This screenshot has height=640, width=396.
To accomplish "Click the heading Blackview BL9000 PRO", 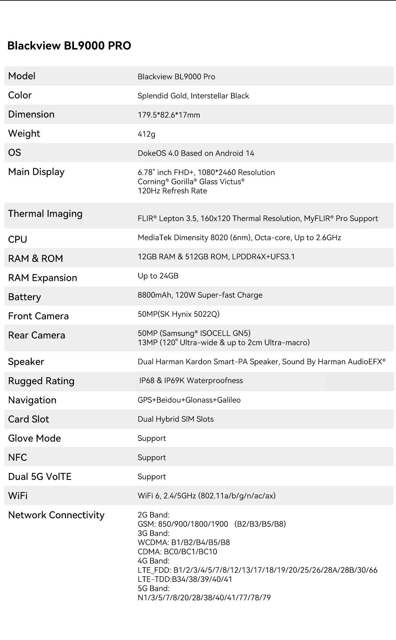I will (69, 46).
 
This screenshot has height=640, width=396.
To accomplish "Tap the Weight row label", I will (24, 134).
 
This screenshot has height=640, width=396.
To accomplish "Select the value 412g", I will (146, 134).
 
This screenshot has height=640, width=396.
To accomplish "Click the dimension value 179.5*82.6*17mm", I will (169, 115).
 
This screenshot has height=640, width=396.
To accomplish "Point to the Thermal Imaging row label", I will (45, 214).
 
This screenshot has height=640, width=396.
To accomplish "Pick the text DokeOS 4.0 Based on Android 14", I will (196, 153).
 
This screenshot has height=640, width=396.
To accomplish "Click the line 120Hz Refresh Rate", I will (172, 191).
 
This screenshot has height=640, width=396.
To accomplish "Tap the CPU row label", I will (17, 239).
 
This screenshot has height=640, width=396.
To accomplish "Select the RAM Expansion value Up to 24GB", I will (158, 276).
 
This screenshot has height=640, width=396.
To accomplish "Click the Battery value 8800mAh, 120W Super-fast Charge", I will (200, 295).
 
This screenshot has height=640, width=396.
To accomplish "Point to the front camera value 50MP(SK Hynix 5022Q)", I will (179, 314).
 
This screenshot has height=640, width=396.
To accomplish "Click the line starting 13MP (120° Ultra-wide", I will (223, 343).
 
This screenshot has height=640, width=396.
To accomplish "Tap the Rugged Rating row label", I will (41, 381).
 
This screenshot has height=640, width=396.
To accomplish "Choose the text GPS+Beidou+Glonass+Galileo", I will (189, 400).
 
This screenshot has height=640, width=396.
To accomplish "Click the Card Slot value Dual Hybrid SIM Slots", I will (176, 419).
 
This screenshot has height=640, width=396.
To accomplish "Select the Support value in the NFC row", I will (152, 457).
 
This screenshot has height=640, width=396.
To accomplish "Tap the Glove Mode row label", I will (35, 438).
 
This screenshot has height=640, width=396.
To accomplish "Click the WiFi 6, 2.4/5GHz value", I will (207, 496).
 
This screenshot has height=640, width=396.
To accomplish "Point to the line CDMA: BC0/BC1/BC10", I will (177, 552).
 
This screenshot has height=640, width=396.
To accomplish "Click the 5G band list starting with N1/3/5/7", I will (204, 598).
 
